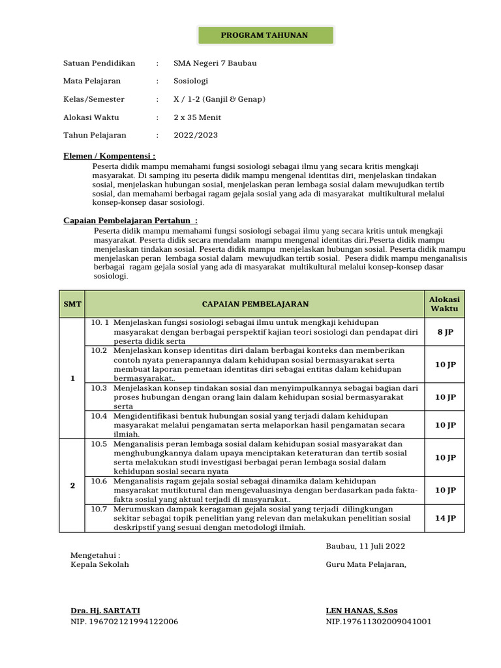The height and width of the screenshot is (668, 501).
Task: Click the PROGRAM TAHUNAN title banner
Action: tap(264, 35)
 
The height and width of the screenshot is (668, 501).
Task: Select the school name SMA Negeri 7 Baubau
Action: tap(215, 63)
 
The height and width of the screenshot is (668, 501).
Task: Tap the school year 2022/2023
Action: tap(196, 135)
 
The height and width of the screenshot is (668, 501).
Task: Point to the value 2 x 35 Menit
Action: tap(197, 117)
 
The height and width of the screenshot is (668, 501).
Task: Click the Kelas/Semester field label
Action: tap(93, 99)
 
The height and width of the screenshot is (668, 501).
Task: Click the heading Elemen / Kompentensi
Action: tap(109, 157)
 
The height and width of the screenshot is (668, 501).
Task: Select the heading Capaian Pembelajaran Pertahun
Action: tap(130, 220)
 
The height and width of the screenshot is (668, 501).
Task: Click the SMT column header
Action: tap(72, 304)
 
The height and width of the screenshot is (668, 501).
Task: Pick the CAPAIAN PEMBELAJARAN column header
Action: tap(255, 304)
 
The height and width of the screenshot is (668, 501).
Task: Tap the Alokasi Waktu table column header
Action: tap(444, 304)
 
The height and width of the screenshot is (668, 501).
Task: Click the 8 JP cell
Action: tap(445, 332)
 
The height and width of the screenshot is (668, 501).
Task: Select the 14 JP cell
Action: tap(445, 518)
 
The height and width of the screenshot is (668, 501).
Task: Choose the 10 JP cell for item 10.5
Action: tap(445, 457)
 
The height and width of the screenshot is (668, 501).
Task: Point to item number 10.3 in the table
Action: tap(99, 387)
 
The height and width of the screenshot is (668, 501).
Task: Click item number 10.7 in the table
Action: tap(99, 509)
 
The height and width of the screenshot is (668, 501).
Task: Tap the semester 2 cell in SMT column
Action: tap(72, 485)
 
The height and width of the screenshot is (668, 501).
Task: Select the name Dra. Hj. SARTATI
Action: tap(105, 611)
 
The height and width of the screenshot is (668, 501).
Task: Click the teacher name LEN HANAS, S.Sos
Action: tap(361, 611)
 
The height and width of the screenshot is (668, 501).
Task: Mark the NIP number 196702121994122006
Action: tap(124, 622)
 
